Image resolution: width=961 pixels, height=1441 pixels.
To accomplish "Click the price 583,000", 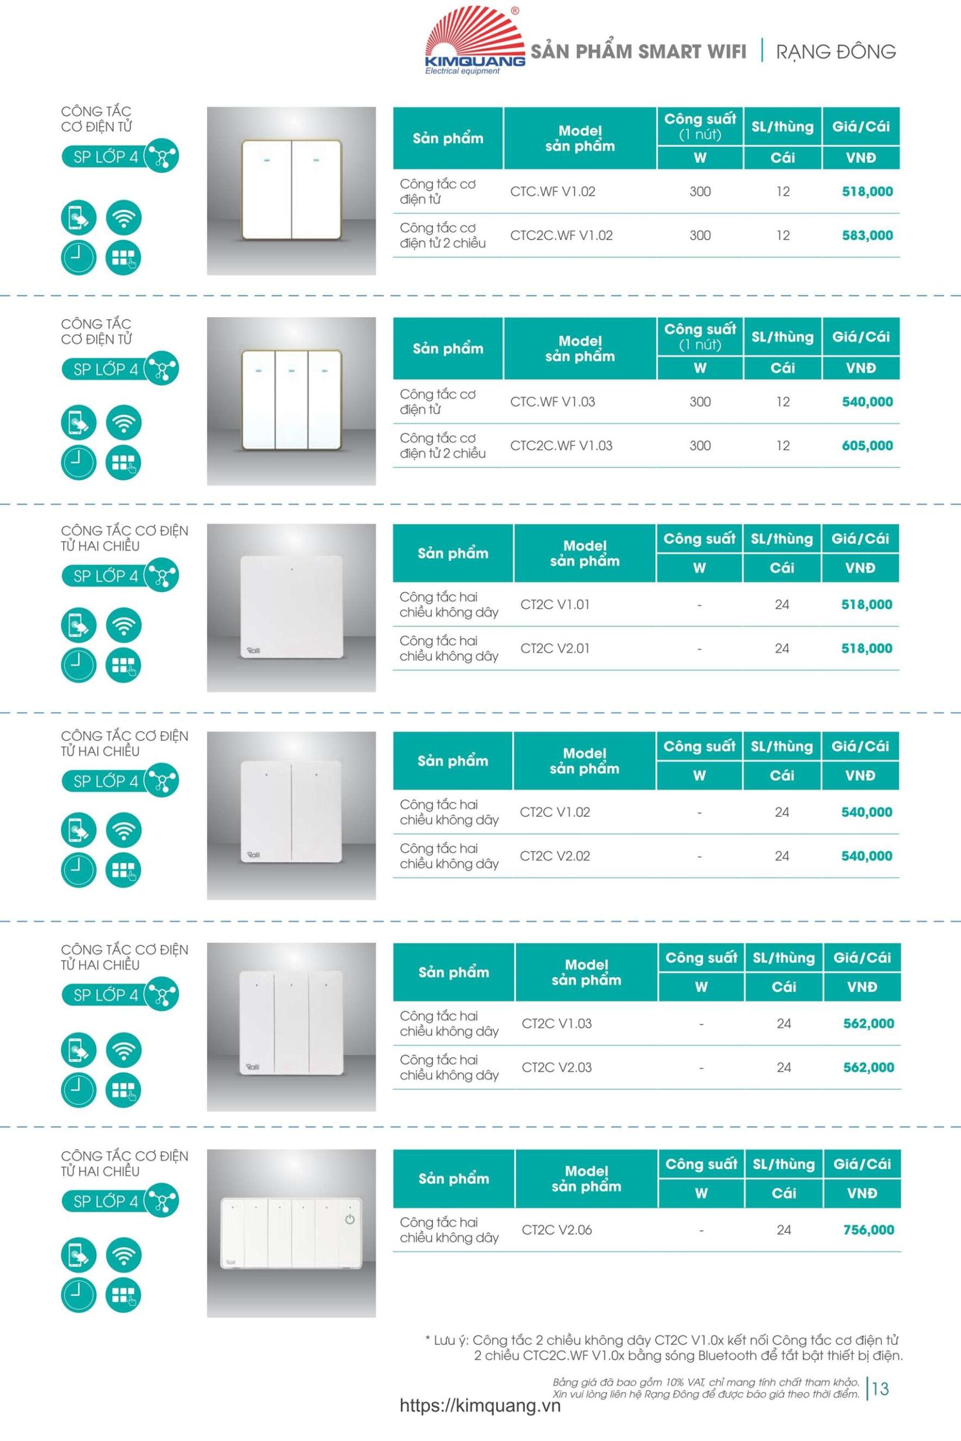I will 866,235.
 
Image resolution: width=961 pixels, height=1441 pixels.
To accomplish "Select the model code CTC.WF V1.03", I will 552,402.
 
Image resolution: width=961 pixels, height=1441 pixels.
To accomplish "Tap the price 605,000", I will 866,445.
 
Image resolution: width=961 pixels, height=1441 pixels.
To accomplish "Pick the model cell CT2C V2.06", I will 556,1229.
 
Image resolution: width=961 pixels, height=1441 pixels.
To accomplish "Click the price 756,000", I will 868,1229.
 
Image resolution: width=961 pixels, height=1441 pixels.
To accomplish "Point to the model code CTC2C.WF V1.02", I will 561,235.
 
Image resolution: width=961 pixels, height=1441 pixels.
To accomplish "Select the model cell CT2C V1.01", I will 555,605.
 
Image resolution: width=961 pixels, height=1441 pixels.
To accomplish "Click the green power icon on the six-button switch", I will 350,1219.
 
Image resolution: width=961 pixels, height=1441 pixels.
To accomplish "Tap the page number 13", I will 880,1389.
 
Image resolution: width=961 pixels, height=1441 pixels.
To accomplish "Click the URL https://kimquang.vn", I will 480,1406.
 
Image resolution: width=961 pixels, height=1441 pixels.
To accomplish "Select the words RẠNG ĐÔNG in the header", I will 835,51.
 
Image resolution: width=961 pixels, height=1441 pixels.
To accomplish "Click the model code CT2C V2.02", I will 555,856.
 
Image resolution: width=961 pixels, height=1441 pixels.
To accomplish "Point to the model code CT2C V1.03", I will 556,1023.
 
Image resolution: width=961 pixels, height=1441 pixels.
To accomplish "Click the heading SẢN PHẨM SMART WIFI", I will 638,51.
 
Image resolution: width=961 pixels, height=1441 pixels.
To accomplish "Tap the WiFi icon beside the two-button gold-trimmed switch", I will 123,217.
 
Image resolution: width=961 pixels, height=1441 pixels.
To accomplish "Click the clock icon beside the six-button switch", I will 78,1295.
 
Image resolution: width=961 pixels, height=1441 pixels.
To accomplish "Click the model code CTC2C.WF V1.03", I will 561,445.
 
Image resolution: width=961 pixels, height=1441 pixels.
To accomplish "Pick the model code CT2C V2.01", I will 555,648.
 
